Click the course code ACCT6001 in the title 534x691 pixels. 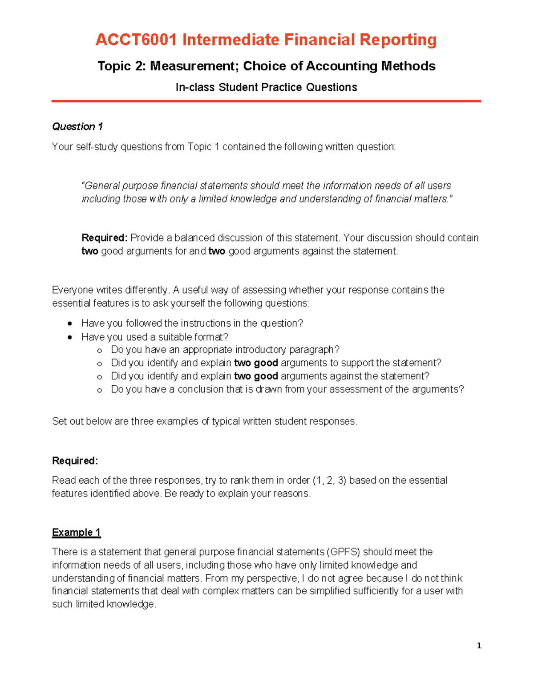click(x=136, y=40)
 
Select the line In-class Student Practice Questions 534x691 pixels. click(x=266, y=87)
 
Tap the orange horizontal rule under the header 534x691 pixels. click(x=266, y=101)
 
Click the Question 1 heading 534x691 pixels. click(x=77, y=127)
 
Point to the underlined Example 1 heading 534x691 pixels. click(x=76, y=533)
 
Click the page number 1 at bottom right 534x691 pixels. click(x=479, y=646)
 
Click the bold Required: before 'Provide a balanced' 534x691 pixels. click(x=105, y=238)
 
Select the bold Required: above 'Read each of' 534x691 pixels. click(x=75, y=461)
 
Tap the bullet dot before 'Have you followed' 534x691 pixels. click(x=69, y=323)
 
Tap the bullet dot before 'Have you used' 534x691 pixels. click(x=69, y=337)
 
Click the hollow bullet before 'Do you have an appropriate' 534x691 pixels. click(x=99, y=351)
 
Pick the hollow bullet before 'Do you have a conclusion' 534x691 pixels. click(x=99, y=390)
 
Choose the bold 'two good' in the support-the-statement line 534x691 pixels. click(x=256, y=363)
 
